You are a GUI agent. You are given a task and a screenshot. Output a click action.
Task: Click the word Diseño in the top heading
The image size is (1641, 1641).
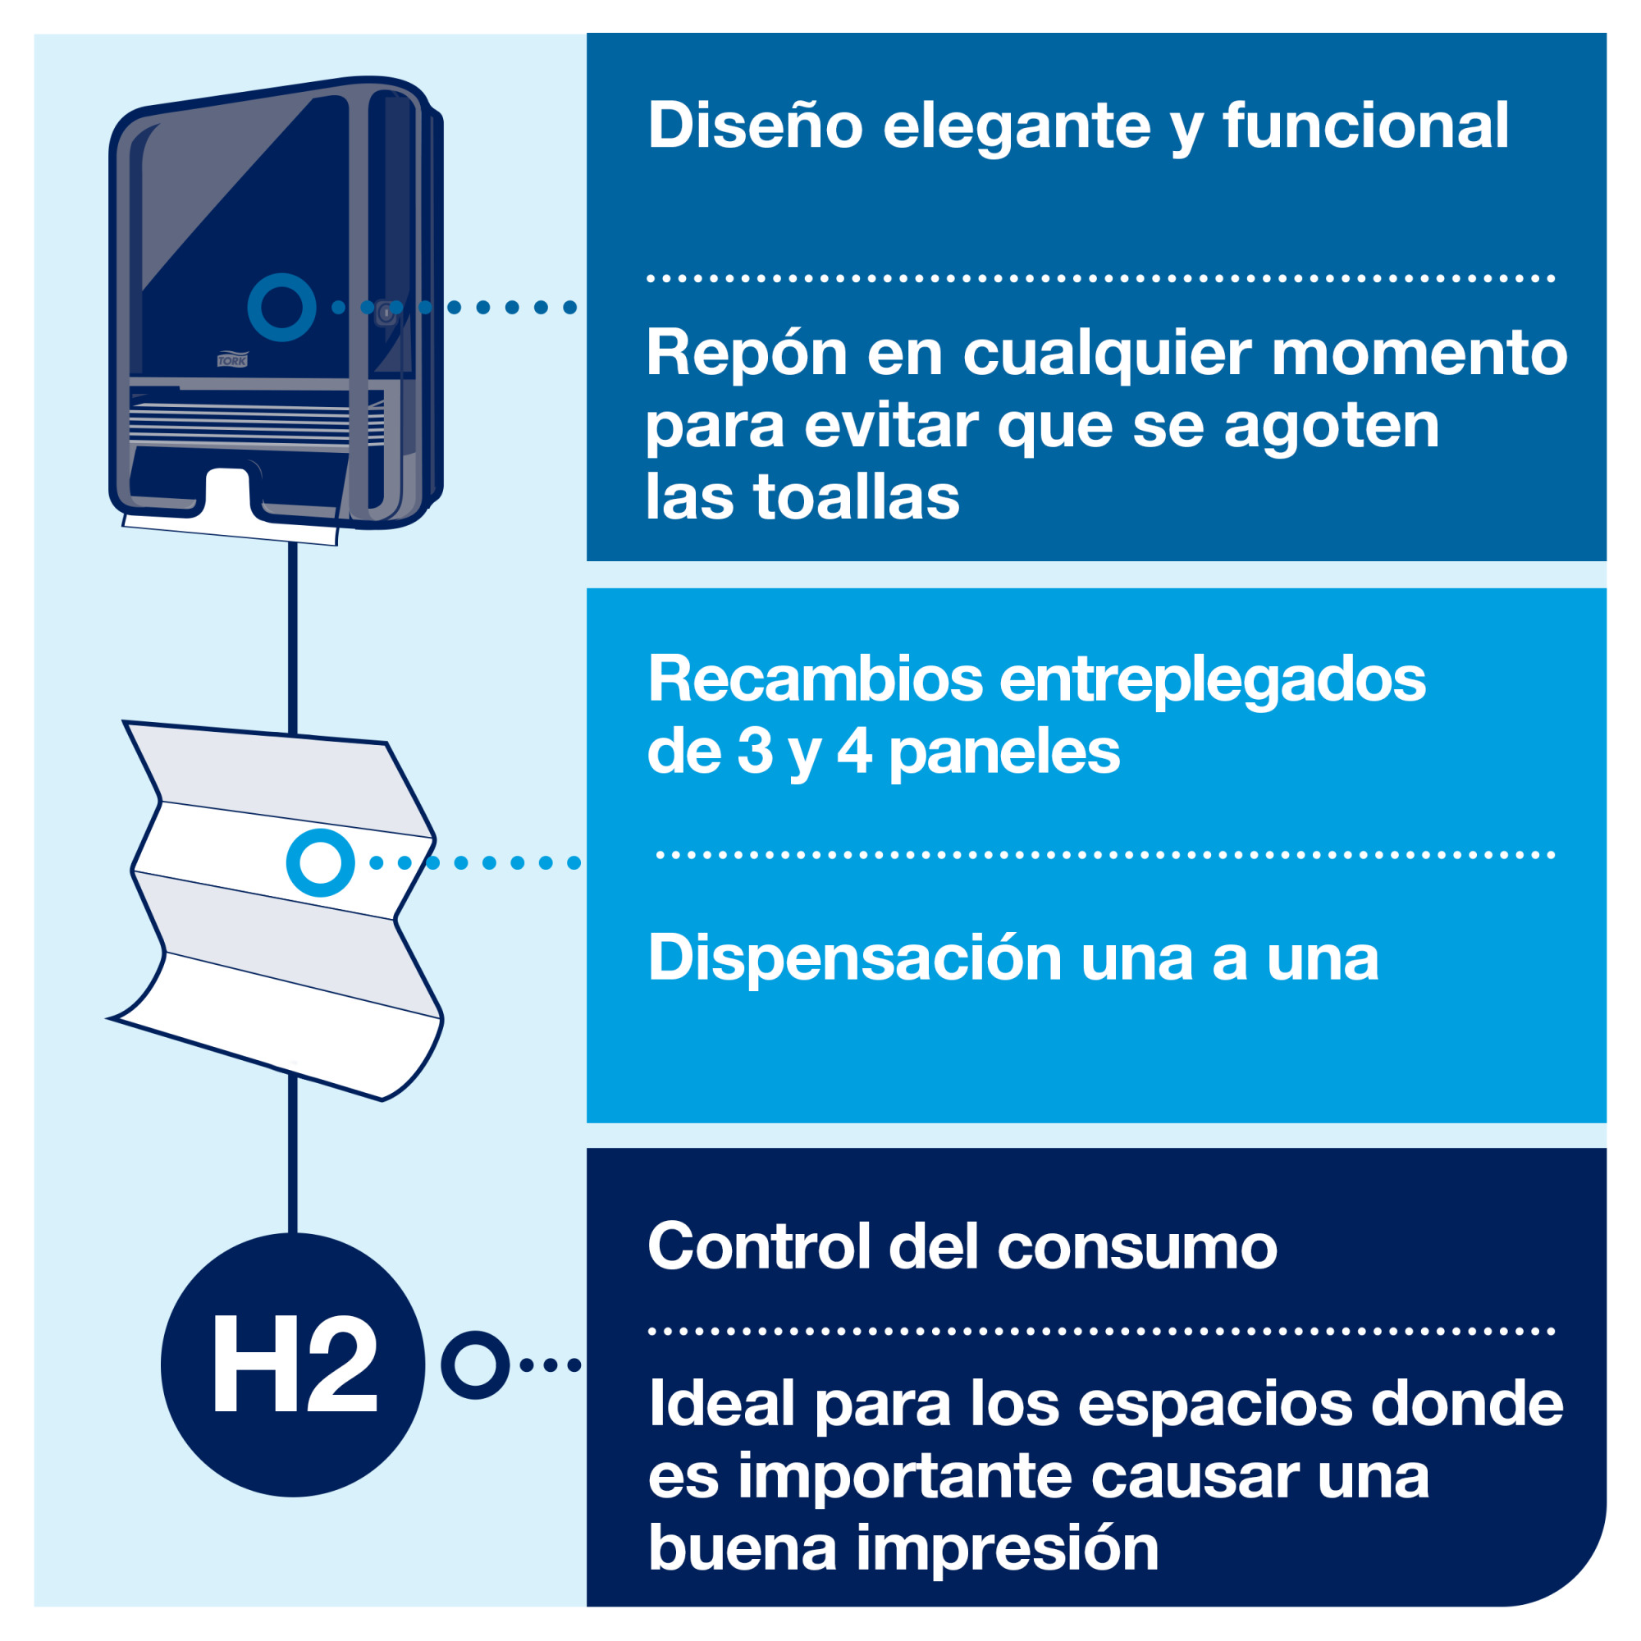755,126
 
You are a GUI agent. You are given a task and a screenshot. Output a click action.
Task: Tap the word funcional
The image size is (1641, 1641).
1366,126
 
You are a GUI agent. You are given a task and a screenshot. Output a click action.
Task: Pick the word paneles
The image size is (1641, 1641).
1005,752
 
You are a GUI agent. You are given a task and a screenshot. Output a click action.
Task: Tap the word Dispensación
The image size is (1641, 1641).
854,959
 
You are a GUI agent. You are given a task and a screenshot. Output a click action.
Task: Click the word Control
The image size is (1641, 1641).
759,1247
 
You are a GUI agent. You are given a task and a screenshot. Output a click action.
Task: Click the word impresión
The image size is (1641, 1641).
1008,1549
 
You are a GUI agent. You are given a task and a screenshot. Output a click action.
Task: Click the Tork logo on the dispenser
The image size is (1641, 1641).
232,359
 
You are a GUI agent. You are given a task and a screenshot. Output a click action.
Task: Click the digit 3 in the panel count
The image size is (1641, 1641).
754,751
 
